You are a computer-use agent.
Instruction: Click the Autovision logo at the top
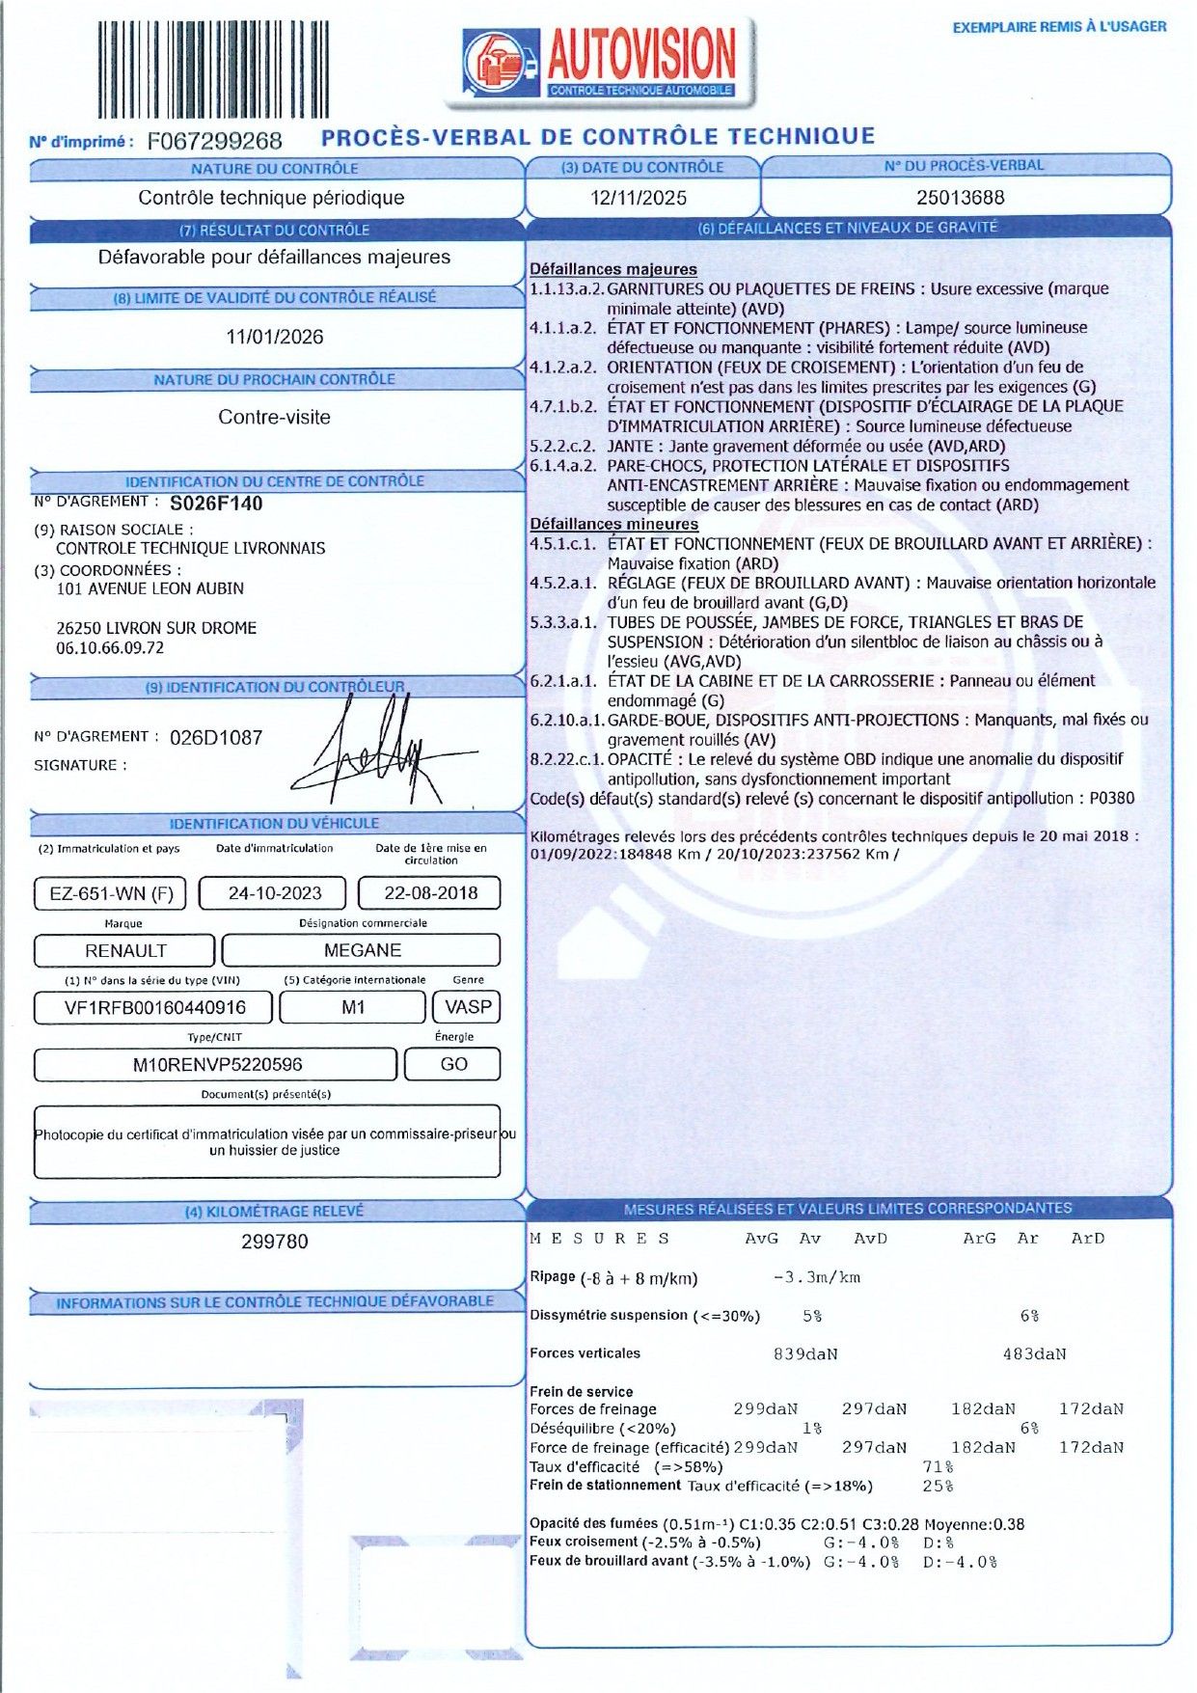pos(600,62)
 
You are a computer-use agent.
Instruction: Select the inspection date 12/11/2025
pos(639,198)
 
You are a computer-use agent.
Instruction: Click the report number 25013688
pos(960,198)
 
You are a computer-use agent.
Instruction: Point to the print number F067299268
pos(214,141)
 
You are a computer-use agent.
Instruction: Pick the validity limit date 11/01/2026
pos(275,337)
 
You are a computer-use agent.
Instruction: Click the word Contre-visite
pos(274,417)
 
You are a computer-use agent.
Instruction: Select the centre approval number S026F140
pos(216,503)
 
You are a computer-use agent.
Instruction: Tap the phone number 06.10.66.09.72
pos(110,647)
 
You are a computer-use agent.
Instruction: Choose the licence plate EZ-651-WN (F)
pos(111,893)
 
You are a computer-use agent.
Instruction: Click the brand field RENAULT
pos(125,950)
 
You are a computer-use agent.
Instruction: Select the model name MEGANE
pos(362,950)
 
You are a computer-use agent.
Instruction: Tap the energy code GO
pos(453,1064)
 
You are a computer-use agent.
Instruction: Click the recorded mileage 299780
pos(275,1242)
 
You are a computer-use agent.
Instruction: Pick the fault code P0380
pos(1111,798)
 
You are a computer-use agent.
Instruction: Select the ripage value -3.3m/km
pos(816,1277)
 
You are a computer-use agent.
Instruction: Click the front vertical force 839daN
pos(805,1353)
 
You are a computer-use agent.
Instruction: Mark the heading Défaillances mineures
pos(613,524)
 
